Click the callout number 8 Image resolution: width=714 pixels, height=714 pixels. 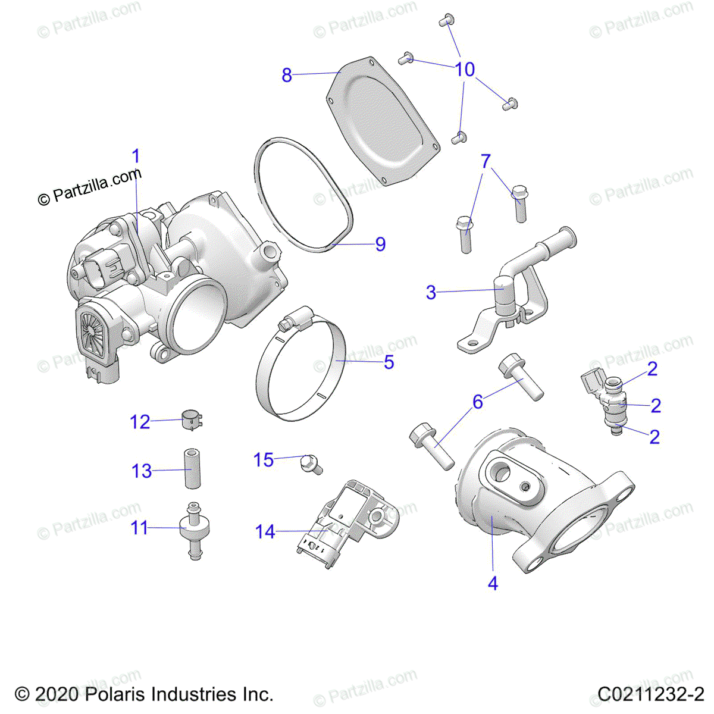coord(287,76)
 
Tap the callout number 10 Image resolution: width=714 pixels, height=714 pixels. coord(465,70)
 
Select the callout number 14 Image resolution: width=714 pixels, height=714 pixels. coord(265,531)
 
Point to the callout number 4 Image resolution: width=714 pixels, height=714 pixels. coord(493,584)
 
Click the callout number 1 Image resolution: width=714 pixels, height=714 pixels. coord(136,156)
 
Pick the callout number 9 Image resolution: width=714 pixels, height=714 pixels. coord(380,244)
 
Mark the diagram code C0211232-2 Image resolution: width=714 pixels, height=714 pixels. coord(651,694)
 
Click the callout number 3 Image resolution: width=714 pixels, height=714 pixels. coord(431,292)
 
